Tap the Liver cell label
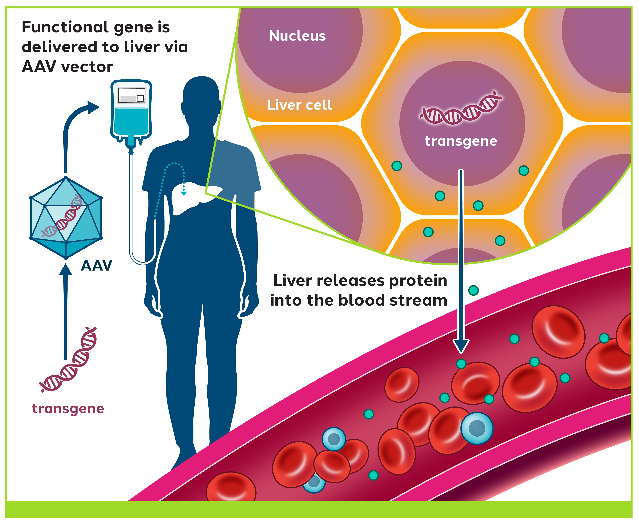300,105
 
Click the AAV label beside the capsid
96,265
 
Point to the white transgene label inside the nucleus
461,141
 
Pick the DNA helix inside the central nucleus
461,108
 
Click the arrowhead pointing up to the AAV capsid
65,270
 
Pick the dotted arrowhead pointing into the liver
184,193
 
